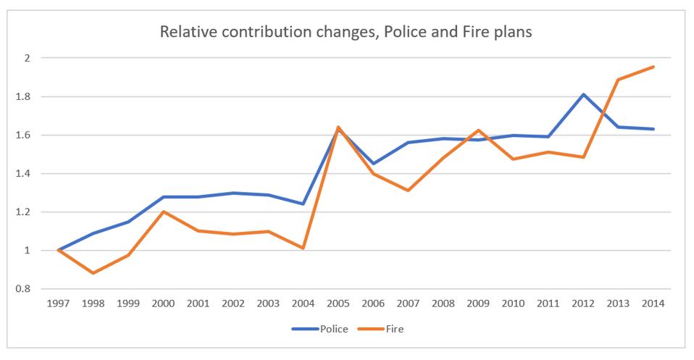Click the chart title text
[x=346, y=32]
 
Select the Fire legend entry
[x=393, y=329]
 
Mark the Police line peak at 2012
[x=584, y=94]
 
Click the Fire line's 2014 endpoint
[x=654, y=67]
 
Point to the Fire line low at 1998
[x=93, y=273]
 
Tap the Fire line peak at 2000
[x=163, y=212]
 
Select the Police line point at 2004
[x=304, y=204]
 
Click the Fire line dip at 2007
[x=409, y=191]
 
